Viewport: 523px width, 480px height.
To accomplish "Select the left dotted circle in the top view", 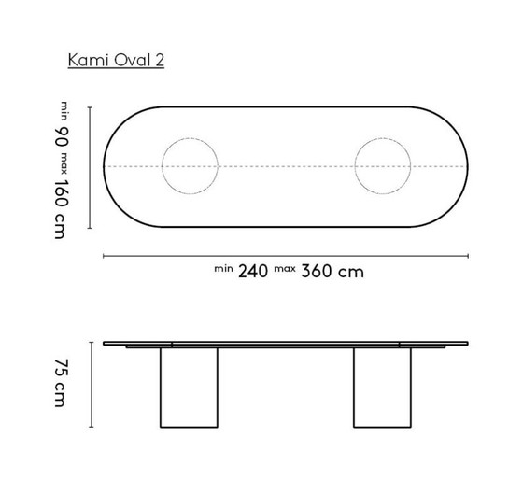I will (x=190, y=166).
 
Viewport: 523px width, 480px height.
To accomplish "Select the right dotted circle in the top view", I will (x=382, y=166).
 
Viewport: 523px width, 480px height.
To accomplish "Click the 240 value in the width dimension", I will (x=252, y=272).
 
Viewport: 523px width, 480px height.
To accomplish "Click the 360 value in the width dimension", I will (x=317, y=272).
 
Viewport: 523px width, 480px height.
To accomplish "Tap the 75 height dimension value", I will (x=63, y=368).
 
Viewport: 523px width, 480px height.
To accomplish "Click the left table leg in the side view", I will (x=190, y=388).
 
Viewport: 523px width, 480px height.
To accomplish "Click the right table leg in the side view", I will (x=381, y=388).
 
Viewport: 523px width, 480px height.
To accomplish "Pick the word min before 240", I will (x=223, y=268).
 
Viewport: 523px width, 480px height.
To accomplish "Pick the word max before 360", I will (x=286, y=268).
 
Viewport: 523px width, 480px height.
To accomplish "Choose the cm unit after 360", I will (x=351, y=273).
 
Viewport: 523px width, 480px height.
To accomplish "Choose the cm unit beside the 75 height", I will (x=63, y=399).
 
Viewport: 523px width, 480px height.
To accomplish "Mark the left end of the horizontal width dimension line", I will (x=104, y=253).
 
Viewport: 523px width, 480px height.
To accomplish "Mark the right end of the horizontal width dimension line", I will (x=467, y=253).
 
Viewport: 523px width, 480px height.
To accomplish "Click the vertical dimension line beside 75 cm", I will (x=90, y=383).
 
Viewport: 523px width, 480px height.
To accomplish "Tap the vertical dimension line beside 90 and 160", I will (x=90, y=166).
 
